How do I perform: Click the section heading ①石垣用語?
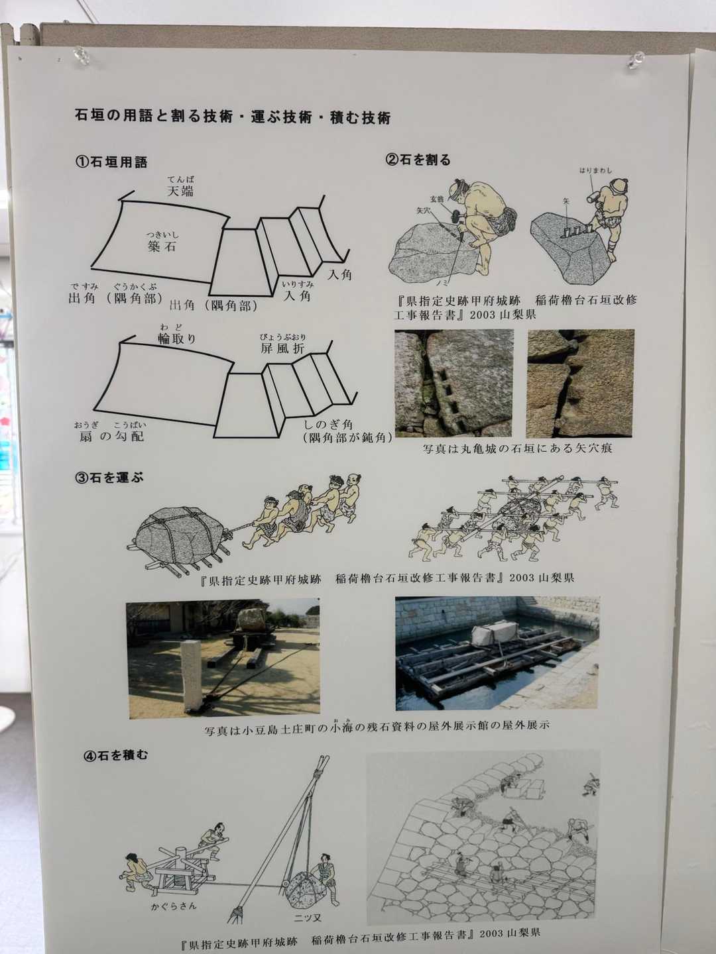(111, 162)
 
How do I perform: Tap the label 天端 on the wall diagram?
(180, 192)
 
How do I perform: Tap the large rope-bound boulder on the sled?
(180, 535)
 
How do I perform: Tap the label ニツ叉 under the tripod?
(308, 918)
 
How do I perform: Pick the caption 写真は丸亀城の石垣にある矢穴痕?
(517, 449)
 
